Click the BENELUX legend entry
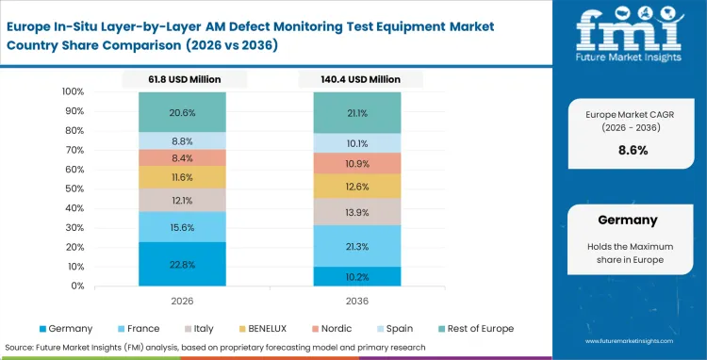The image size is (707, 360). [x=267, y=328]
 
